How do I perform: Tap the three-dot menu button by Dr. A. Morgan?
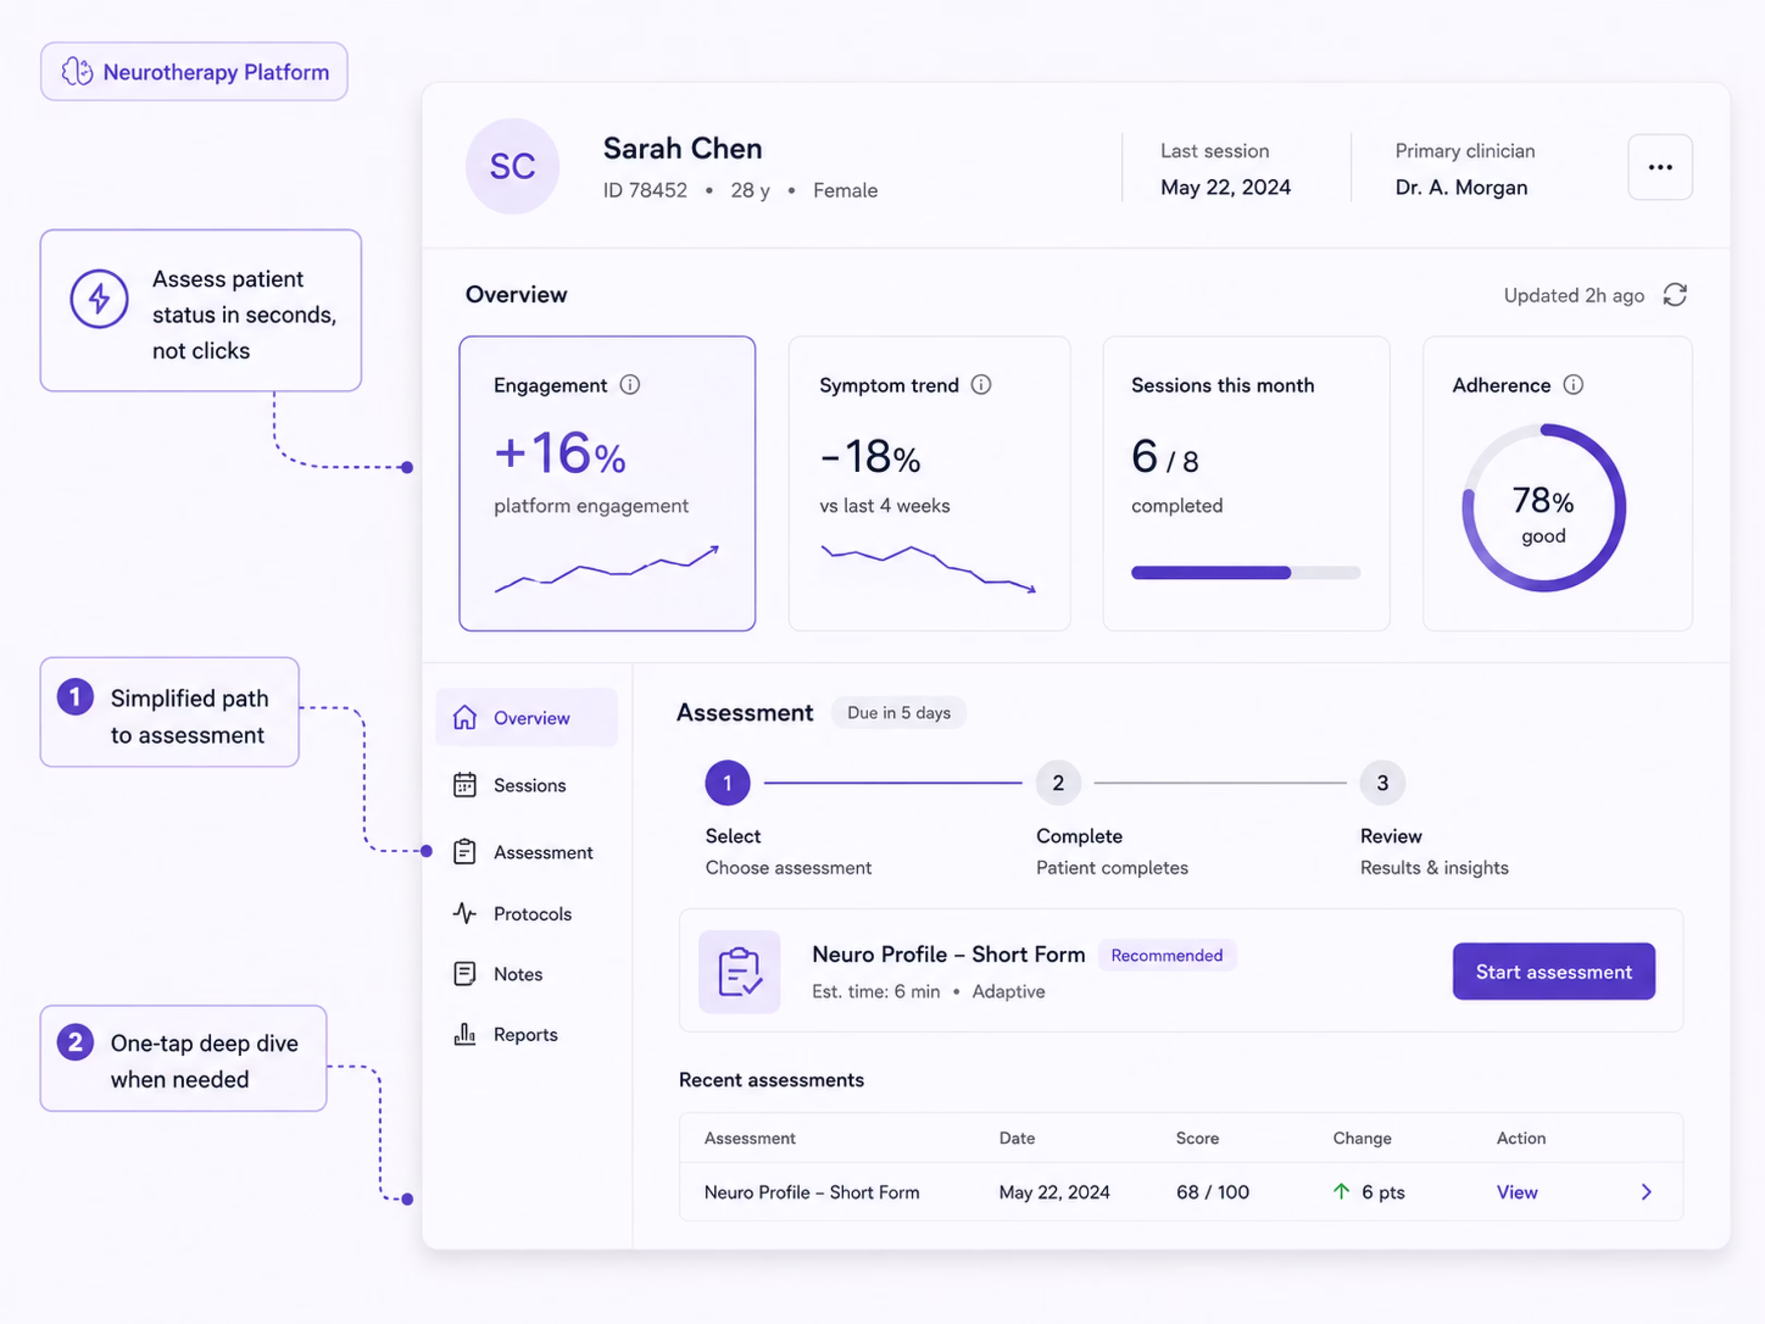click(x=1660, y=167)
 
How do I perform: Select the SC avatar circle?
click(x=512, y=166)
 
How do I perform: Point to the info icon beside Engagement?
click(x=630, y=385)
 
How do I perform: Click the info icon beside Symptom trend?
click(x=981, y=385)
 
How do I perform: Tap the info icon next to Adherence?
click(x=1573, y=385)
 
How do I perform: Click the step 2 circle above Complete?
click(x=1058, y=783)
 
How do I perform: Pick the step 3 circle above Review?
click(x=1382, y=783)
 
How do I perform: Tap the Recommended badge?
click(x=1166, y=955)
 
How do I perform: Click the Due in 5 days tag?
click(x=898, y=713)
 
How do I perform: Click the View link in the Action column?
click(x=1517, y=1192)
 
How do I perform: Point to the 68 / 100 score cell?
click(x=1212, y=1192)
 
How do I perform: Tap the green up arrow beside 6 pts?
click(x=1341, y=1192)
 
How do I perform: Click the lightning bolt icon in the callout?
click(x=99, y=299)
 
